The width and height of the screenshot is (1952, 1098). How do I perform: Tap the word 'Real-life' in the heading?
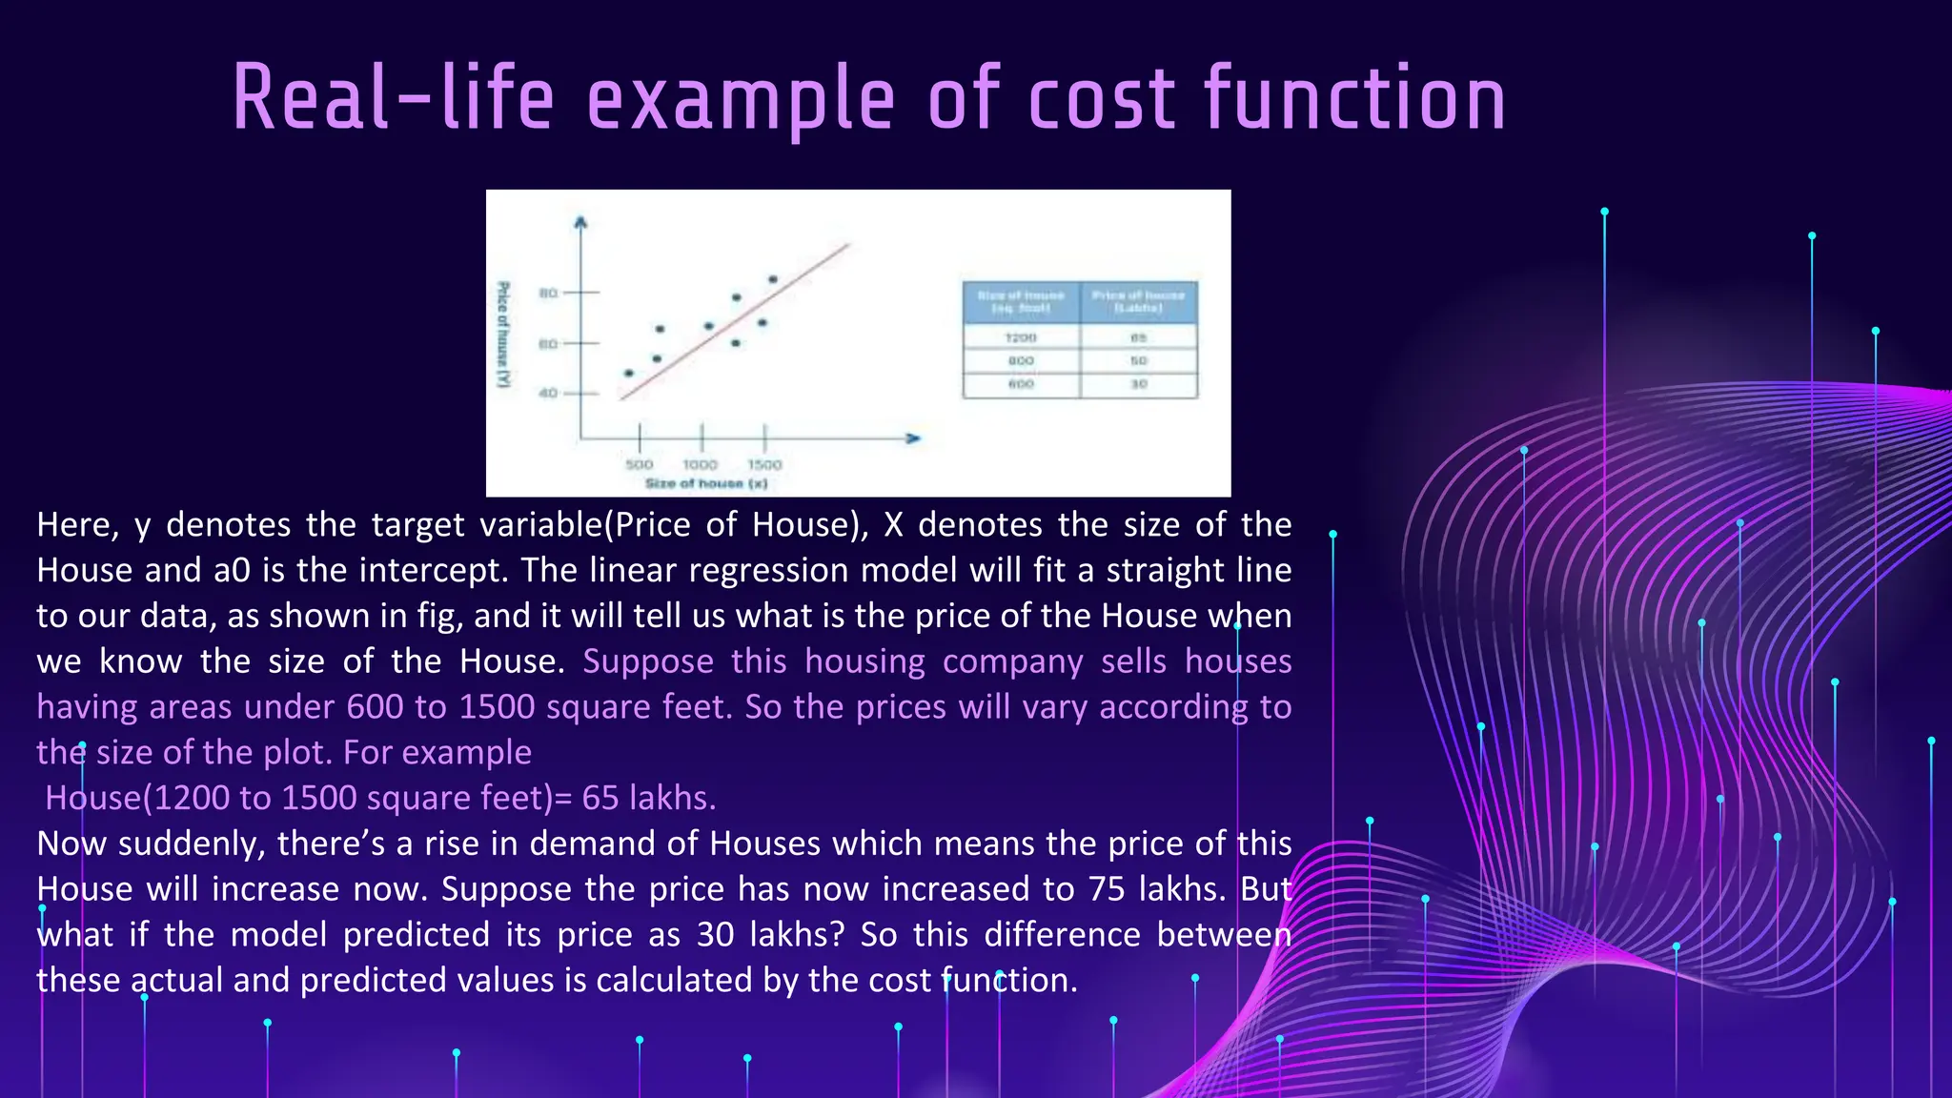coord(393,99)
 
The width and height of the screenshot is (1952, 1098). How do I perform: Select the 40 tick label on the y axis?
coord(548,393)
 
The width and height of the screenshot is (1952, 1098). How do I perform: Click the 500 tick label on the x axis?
coord(639,464)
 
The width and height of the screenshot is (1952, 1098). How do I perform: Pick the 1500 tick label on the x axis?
coord(764,464)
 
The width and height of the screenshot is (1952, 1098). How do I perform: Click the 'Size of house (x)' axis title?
coord(705,483)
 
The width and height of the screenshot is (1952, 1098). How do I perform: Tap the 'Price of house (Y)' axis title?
coord(503,334)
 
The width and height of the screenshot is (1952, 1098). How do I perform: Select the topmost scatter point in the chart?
coord(773,279)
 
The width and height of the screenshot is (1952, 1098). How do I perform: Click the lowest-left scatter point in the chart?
coord(628,373)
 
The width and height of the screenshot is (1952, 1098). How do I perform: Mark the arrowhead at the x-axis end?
coord(913,437)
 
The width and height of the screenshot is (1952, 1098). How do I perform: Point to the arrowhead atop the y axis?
coord(580,223)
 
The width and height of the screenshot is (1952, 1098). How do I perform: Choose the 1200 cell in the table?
coord(1021,337)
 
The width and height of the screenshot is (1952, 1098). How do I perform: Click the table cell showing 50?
coord(1138,360)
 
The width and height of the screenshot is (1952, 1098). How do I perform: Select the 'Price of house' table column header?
coord(1138,301)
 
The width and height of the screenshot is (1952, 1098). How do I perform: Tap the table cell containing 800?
coord(1021,360)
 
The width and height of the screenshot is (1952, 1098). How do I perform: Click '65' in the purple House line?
coord(600,798)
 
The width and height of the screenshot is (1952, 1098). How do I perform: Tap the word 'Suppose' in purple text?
coord(648,661)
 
